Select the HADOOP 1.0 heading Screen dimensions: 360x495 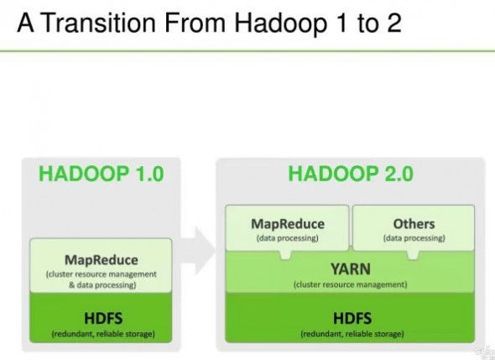(x=101, y=174)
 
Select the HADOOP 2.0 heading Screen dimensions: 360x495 (x=350, y=174)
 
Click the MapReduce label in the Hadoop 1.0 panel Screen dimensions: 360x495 (x=101, y=259)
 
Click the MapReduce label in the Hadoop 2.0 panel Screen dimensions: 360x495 (x=288, y=224)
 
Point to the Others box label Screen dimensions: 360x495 (x=414, y=224)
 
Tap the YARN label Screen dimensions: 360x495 (x=350, y=269)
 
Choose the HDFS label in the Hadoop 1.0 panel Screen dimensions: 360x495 (x=101, y=319)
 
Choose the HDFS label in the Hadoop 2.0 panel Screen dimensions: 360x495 (x=350, y=319)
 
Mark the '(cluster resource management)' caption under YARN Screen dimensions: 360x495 (x=350, y=285)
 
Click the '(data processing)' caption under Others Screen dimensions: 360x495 (x=414, y=238)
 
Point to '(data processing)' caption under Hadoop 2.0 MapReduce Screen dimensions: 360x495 (x=288, y=238)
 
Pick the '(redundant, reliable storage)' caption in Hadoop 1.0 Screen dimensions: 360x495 (x=101, y=335)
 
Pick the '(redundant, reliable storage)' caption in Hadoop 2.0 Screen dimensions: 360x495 (x=350, y=335)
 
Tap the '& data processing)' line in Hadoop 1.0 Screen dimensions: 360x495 (x=101, y=285)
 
